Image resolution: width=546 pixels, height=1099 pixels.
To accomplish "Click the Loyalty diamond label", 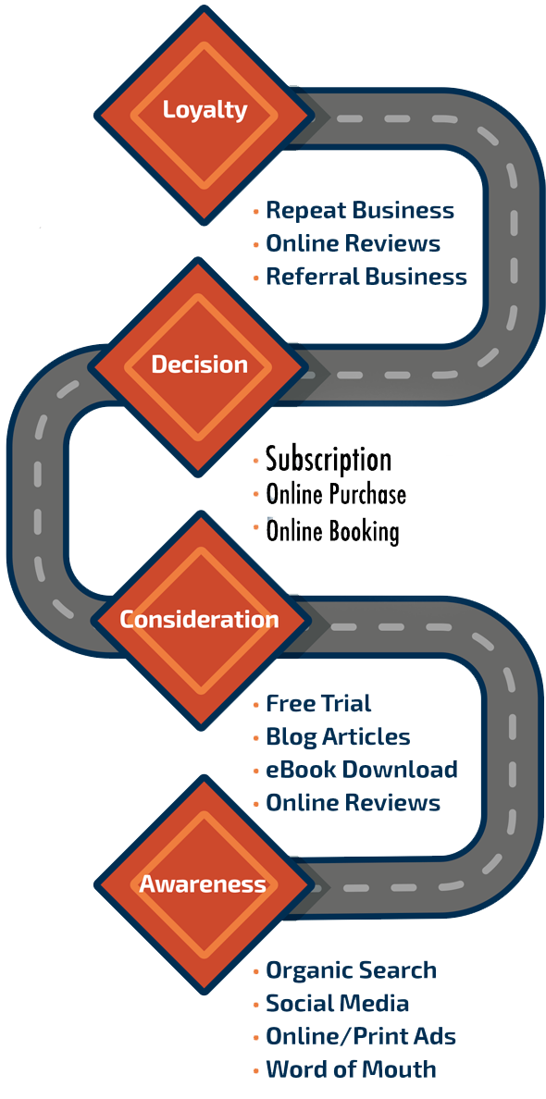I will point(205,110).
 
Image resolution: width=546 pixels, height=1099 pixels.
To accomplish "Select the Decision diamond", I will point(199,364).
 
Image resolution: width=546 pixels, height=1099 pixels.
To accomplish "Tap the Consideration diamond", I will point(199,619).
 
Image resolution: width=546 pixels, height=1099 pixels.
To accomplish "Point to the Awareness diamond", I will point(202,884).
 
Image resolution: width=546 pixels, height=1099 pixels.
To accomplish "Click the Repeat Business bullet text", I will point(359,211).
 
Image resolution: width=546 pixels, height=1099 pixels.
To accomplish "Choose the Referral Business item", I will point(366,277).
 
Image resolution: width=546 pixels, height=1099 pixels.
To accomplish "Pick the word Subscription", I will point(329,460).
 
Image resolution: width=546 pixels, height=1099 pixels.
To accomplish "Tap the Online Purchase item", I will point(336,495).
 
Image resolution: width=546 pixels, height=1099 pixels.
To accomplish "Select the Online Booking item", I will point(332,532).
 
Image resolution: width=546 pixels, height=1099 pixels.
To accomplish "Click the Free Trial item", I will point(318,704).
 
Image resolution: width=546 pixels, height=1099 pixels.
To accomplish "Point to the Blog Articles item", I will point(338,737).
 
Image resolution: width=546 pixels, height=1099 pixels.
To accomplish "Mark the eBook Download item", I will point(361,770).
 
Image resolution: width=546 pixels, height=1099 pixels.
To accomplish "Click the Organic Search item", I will point(351,970).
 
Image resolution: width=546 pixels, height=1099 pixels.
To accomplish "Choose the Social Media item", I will point(337,1004).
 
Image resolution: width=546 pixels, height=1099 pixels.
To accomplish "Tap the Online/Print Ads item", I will point(361,1037).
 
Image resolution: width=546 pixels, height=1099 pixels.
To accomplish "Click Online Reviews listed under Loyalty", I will point(353,243).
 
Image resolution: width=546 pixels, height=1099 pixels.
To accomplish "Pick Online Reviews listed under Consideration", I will point(353,803).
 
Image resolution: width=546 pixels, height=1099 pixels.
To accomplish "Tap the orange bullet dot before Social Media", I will point(256,1005).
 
